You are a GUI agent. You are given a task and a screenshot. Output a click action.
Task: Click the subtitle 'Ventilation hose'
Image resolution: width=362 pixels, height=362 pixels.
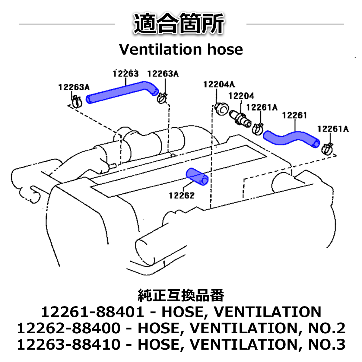pyautogui.click(x=181, y=49)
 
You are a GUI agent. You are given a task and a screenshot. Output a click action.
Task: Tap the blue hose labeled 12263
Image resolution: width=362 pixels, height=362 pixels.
pyautogui.click(x=121, y=92)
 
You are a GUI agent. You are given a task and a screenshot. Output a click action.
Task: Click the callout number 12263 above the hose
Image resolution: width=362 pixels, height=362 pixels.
pyautogui.click(x=126, y=74)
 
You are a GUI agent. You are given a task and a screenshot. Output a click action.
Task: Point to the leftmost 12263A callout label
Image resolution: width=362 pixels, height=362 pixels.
pyautogui.click(x=74, y=87)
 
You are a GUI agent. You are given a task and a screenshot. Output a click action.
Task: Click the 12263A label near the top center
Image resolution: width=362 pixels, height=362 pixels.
pyautogui.click(x=163, y=74)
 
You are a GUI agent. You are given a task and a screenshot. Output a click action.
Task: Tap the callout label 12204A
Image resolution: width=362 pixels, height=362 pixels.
pyautogui.click(x=219, y=84)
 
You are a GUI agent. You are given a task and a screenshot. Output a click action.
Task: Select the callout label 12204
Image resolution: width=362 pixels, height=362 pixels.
pyautogui.click(x=241, y=96)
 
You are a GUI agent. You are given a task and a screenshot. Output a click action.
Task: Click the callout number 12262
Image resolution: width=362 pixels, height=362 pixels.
pyautogui.click(x=182, y=195)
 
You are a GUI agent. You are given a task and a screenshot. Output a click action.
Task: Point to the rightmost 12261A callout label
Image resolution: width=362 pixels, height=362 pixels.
pyautogui.click(x=333, y=129)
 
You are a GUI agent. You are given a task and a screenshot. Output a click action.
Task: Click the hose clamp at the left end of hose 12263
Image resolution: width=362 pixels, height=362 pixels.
pyautogui.click(x=77, y=102)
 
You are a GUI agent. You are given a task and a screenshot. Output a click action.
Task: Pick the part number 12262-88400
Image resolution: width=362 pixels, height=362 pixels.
pyautogui.click(x=68, y=328)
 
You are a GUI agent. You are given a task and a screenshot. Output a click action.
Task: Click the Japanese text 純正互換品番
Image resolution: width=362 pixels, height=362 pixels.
pyautogui.click(x=181, y=296)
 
